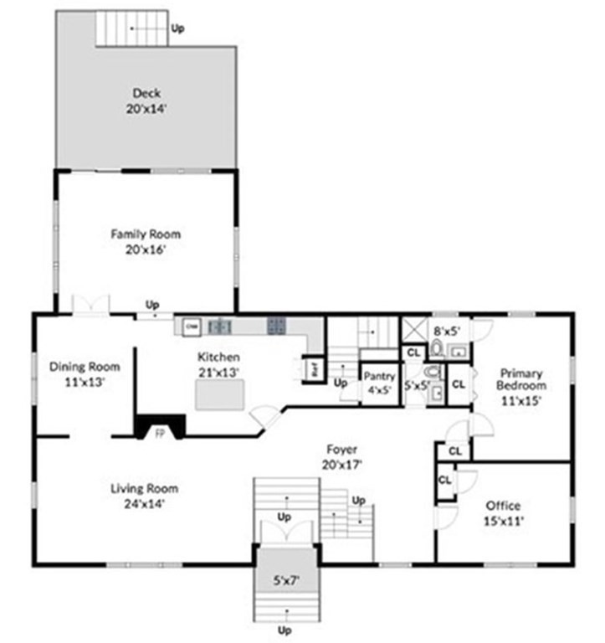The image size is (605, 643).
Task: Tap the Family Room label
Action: pos(145,241)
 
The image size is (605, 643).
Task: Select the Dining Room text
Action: pos(84,373)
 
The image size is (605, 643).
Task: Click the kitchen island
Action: pos(221,394)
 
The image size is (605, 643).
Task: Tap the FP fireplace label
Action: pos(159,433)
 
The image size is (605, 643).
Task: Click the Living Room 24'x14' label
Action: pos(145,496)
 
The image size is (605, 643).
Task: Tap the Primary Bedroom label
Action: pos(522,386)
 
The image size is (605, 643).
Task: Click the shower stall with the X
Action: pos(414,328)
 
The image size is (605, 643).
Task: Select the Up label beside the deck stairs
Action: pos(177,28)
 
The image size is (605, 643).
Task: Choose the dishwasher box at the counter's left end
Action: pos(191,325)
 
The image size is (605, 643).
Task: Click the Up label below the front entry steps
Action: pos(285,630)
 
